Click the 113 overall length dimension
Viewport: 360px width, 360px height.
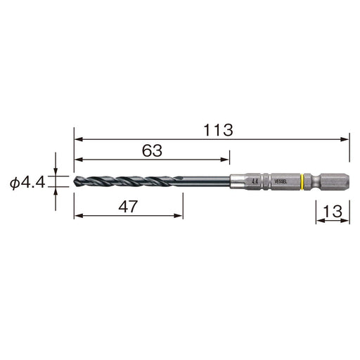click(x=218, y=130)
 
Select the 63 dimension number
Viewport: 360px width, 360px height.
click(x=152, y=150)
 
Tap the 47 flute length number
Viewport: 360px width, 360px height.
click(x=128, y=207)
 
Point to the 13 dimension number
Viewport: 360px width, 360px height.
click(x=333, y=212)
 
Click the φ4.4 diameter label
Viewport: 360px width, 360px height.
click(x=27, y=183)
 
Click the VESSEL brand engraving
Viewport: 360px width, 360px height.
click(x=281, y=181)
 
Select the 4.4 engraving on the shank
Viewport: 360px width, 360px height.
click(x=255, y=181)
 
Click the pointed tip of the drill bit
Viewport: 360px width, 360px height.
click(x=75, y=181)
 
